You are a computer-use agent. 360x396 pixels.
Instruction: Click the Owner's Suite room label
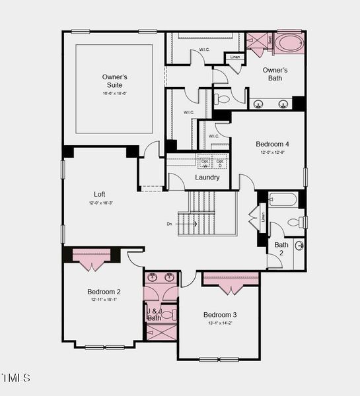pyautogui.click(x=114, y=81)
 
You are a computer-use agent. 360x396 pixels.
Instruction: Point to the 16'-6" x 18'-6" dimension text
pyautogui.click(x=114, y=94)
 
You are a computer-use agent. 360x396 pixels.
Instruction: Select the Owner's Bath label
pyautogui.click(x=275, y=74)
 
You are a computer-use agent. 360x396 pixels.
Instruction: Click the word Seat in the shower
pyautogui.click(x=270, y=40)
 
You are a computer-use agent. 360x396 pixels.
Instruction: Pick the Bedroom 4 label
pyautogui.click(x=272, y=144)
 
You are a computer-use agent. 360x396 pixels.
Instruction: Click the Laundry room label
pyautogui.click(x=207, y=178)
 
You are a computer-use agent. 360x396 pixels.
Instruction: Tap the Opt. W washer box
pyautogui.click(x=204, y=162)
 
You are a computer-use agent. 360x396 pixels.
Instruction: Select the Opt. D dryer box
pyautogui.click(x=221, y=162)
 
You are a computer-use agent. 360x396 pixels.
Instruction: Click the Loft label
pyautogui.click(x=99, y=194)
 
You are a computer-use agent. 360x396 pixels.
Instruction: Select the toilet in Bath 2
pyautogui.click(x=301, y=222)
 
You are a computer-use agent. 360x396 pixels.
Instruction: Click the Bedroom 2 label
pyautogui.click(x=104, y=292)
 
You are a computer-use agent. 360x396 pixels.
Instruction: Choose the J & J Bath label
pyautogui.click(x=154, y=314)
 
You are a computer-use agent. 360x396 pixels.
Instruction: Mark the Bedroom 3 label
pyautogui.click(x=220, y=314)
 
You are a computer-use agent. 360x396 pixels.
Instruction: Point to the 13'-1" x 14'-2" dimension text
pyautogui.click(x=220, y=323)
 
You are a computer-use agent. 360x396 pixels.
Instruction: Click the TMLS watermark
pyautogui.click(x=16, y=378)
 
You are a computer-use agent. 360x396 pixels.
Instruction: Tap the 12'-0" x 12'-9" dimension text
pyautogui.click(x=272, y=152)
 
